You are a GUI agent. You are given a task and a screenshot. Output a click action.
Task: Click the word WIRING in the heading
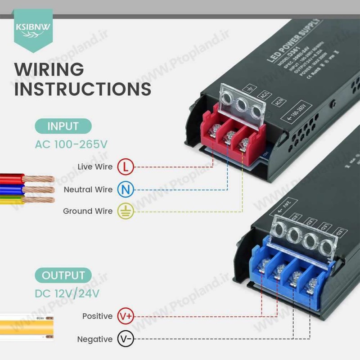pyautogui.click(x=49, y=70)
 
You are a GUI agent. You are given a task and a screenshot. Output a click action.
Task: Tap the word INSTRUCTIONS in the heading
pyautogui.click(x=82, y=89)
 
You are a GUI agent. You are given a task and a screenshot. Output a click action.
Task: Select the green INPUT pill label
pyautogui.click(x=63, y=126)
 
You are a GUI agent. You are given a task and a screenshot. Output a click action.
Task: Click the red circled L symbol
pyautogui.click(x=126, y=167)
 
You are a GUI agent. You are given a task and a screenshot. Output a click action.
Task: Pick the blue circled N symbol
pyautogui.click(x=126, y=189)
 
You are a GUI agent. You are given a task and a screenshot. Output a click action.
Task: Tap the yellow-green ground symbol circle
pyautogui.click(x=126, y=211)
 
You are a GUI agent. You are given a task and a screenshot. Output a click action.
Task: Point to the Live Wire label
pyautogui.click(x=95, y=167)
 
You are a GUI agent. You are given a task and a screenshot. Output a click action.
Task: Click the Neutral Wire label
pyautogui.click(x=88, y=189)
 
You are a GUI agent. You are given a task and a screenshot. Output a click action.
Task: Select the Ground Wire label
pyautogui.click(x=88, y=211)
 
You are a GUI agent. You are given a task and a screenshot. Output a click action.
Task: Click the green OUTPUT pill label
pyautogui.click(x=63, y=275)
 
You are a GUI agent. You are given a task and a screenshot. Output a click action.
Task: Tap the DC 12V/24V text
pyautogui.click(x=67, y=293)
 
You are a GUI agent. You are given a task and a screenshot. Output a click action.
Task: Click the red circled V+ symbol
pyautogui.click(x=126, y=316)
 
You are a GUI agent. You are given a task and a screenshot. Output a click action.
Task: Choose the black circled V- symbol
pyautogui.click(x=126, y=339)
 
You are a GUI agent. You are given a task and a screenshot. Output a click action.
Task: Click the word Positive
pyautogui.click(x=97, y=316)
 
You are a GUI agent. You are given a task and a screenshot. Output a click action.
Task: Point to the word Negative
pyautogui.click(x=95, y=339)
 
